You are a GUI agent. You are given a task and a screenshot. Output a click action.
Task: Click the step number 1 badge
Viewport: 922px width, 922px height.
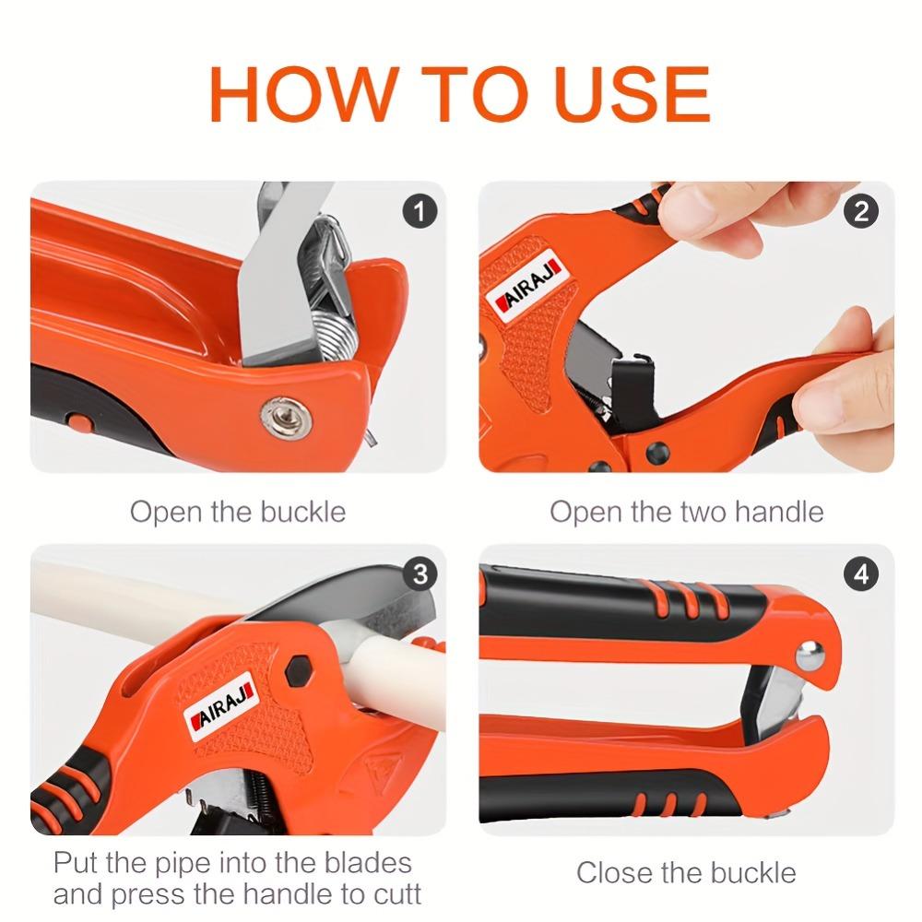point(420,212)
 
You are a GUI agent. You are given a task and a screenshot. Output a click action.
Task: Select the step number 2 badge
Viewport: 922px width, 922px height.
point(860,212)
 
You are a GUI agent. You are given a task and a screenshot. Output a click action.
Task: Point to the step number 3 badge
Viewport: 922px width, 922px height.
point(420,575)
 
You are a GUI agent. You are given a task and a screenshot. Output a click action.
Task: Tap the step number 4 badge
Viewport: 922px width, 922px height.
point(860,575)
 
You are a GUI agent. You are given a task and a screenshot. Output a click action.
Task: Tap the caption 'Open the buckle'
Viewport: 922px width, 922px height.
point(238,511)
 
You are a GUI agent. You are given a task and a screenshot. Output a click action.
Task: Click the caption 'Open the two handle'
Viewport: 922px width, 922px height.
point(687,511)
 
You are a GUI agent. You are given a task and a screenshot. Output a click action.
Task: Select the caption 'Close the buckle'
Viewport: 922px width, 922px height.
point(686,871)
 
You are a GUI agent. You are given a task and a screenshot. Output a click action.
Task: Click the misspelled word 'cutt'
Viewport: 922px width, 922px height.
point(392,892)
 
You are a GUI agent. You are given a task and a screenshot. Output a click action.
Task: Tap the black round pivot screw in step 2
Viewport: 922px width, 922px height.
point(657,453)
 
